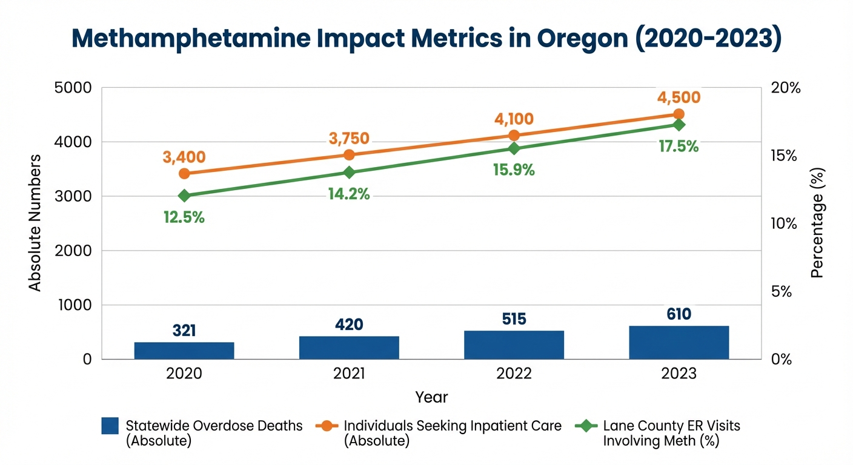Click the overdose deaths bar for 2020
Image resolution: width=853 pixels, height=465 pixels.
[184, 351]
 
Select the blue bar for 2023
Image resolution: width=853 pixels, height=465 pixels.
[679, 343]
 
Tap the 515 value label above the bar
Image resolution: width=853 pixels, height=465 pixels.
[514, 319]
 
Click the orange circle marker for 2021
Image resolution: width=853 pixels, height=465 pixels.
[349, 155]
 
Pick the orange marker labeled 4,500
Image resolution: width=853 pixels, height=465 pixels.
[679, 114]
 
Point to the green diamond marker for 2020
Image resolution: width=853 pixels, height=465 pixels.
[184, 196]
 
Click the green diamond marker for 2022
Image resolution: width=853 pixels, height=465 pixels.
[514, 149]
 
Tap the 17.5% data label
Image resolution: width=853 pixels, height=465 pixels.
[679, 147]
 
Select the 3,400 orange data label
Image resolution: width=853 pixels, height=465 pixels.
[184, 157]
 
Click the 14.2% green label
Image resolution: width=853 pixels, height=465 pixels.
[349, 194]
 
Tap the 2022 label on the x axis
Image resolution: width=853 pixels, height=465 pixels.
[514, 374]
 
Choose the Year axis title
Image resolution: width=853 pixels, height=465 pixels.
[431, 397]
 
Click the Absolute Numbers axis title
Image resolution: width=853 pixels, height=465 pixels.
[36, 222]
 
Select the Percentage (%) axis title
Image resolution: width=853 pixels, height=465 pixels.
[818, 222]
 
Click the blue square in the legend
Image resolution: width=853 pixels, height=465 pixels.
[110, 426]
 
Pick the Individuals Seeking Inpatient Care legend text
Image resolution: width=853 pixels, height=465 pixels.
[453, 426]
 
